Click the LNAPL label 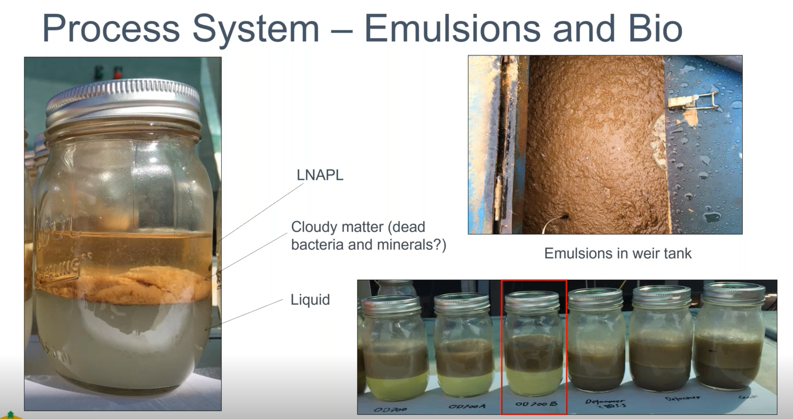pos(320,175)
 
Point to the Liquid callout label pos(310,299)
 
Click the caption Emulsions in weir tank pos(618,253)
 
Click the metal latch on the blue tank pos(693,101)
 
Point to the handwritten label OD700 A pos(466,406)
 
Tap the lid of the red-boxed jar pos(532,302)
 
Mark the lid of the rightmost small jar pos(734,293)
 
